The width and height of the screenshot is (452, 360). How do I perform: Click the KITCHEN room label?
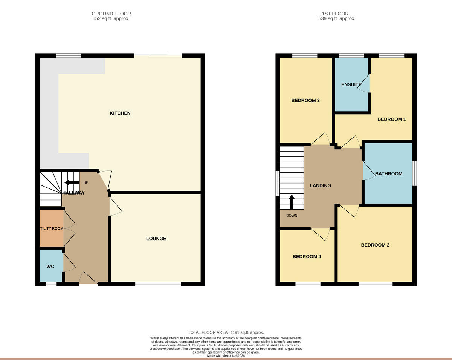click(x=120, y=113)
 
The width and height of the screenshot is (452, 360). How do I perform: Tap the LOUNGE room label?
click(x=156, y=239)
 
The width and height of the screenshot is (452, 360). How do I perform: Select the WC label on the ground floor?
click(x=50, y=267)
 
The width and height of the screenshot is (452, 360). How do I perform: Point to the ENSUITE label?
click(x=351, y=85)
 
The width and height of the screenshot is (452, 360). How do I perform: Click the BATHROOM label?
click(x=389, y=174)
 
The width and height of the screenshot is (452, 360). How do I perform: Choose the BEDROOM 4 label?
click(x=307, y=257)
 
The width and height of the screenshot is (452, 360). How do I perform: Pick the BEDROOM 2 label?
click(x=375, y=245)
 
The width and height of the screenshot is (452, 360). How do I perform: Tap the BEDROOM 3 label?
click(x=305, y=101)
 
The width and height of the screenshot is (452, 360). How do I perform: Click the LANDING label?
click(x=320, y=185)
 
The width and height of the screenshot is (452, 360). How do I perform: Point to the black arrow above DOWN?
click(x=292, y=202)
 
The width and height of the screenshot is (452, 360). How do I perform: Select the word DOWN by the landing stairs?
click(x=292, y=216)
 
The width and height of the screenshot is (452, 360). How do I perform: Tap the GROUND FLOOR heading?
click(x=111, y=14)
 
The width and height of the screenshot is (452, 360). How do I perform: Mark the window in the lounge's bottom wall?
click(x=158, y=284)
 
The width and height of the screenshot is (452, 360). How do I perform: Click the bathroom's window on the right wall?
click(x=414, y=173)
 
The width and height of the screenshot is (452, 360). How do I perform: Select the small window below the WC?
click(x=51, y=284)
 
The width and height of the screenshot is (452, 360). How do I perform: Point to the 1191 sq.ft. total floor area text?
click(x=226, y=332)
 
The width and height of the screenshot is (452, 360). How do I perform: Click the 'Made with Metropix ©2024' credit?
click(x=226, y=355)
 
